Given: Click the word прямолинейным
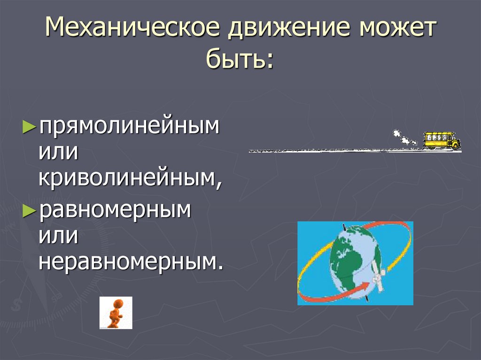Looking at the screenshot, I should click(x=129, y=128).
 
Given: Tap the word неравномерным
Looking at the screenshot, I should click(x=130, y=260).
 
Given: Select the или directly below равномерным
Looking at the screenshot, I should click(x=58, y=236).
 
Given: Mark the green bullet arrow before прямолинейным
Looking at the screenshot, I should click(x=29, y=127).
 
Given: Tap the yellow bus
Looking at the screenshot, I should click(x=441, y=140).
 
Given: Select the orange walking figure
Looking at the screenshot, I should click(x=115, y=313).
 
